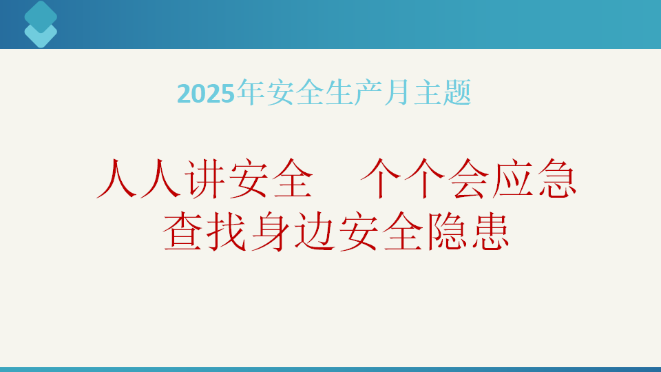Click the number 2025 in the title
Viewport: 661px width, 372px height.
click(x=205, y=94)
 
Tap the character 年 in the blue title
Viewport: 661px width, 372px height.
click(x=251, y=92)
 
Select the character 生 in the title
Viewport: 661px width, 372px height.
click(x=339, y=92)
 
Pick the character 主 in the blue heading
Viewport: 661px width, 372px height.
click(x=428, y=92)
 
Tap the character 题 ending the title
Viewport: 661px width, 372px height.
click(x=457, y=92)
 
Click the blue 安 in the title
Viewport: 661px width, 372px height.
click(x=280, y=92)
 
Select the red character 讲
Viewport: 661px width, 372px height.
click(x=207, y=178)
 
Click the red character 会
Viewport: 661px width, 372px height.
click(x=469, y=178)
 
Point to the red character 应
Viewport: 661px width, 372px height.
click(x=512, y=178)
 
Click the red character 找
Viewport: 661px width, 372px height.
click(x=227, y=231)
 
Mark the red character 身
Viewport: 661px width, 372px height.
click(x=271, y=231)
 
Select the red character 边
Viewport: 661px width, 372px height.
click(x=315, y=231)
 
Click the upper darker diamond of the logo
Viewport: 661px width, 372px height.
click(x=41, y=17)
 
